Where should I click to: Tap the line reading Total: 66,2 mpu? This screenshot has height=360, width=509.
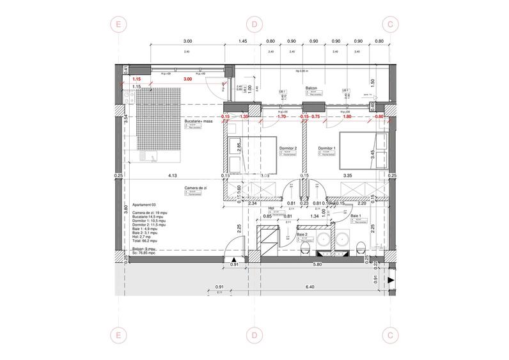tap(145, 237)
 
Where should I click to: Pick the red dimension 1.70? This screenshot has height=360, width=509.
tap(282, 117)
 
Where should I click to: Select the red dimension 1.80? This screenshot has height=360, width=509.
tap(348, 117)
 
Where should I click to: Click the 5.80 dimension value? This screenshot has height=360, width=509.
tap(317, 265)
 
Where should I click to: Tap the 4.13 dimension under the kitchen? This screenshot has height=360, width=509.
tap(171, 175)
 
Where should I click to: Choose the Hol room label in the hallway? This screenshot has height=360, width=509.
tap(271, 208)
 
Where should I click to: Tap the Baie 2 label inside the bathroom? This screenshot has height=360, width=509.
tap(301, 235)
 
